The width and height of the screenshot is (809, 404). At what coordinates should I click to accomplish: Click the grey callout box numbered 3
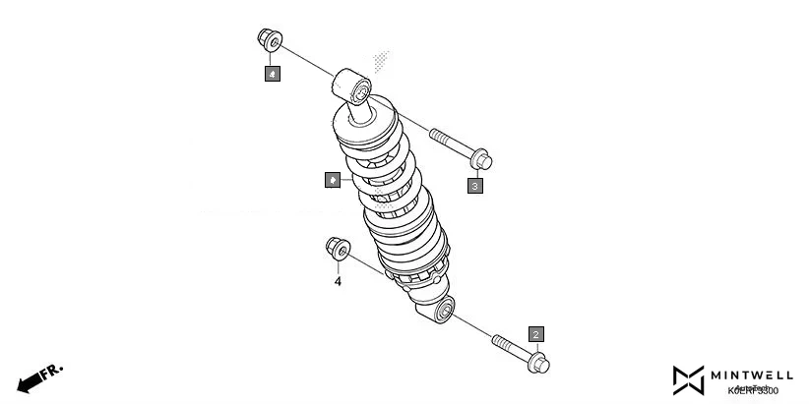click(475, 184)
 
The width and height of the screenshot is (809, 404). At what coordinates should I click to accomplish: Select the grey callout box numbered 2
click(535, 334)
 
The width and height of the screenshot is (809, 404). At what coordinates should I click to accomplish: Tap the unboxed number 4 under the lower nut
click(338, 281)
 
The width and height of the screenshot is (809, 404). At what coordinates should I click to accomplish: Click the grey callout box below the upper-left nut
click(271, 73)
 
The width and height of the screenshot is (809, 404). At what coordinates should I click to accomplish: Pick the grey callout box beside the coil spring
click(334, 180)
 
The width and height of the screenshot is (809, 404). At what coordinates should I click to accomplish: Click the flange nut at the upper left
click(268, 42)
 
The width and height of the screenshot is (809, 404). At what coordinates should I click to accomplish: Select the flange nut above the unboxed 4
click(337, 251)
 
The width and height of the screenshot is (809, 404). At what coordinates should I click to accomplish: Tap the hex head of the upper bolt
click(480, 159)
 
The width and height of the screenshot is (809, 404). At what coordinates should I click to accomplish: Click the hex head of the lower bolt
click(538, 364)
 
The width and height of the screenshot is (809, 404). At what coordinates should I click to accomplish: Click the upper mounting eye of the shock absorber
click(356, 87)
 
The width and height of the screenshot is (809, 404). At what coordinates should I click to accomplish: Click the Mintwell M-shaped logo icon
click(688, 378)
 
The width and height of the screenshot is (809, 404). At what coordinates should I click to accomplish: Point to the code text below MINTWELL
click(753, 390)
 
